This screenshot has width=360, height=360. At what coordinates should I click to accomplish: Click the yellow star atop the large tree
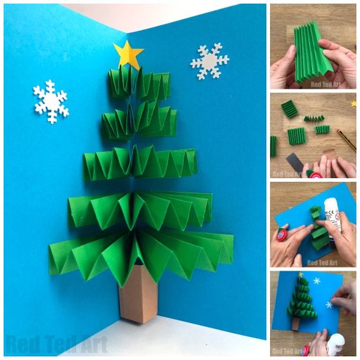pos(128,55)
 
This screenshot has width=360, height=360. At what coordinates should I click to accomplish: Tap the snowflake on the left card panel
pos(50,101)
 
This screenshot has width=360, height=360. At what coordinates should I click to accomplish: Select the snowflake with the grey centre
pos(209,61)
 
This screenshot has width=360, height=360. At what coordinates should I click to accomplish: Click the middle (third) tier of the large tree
pos(140,163)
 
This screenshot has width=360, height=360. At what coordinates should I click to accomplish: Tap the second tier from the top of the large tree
pos(139,121)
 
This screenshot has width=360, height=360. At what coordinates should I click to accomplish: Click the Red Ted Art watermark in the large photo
pos(57,343)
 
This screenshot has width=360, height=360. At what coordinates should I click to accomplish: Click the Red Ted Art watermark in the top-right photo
pos(326,84)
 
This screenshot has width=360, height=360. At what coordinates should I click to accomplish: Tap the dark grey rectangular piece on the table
pos(296,162)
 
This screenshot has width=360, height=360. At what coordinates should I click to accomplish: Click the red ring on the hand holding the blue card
pos(282,235)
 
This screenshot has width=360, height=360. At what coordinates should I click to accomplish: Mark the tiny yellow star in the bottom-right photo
pos(301,274)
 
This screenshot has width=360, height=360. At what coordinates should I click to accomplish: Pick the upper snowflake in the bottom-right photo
pos(317,281)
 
